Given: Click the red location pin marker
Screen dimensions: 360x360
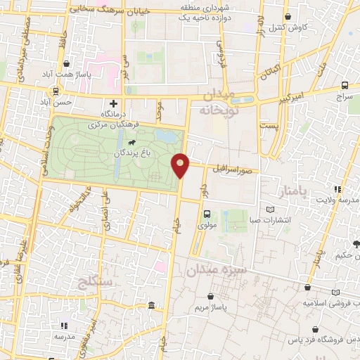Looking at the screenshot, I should (181, 165).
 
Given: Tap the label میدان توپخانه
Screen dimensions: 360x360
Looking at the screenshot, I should (221, 103).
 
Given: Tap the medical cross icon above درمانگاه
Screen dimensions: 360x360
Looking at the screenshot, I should (123, 103).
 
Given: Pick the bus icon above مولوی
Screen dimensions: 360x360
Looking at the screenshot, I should (207, 214).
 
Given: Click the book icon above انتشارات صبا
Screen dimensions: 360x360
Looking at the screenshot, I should (271, 210).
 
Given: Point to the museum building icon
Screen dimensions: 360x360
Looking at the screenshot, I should (153, 305).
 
